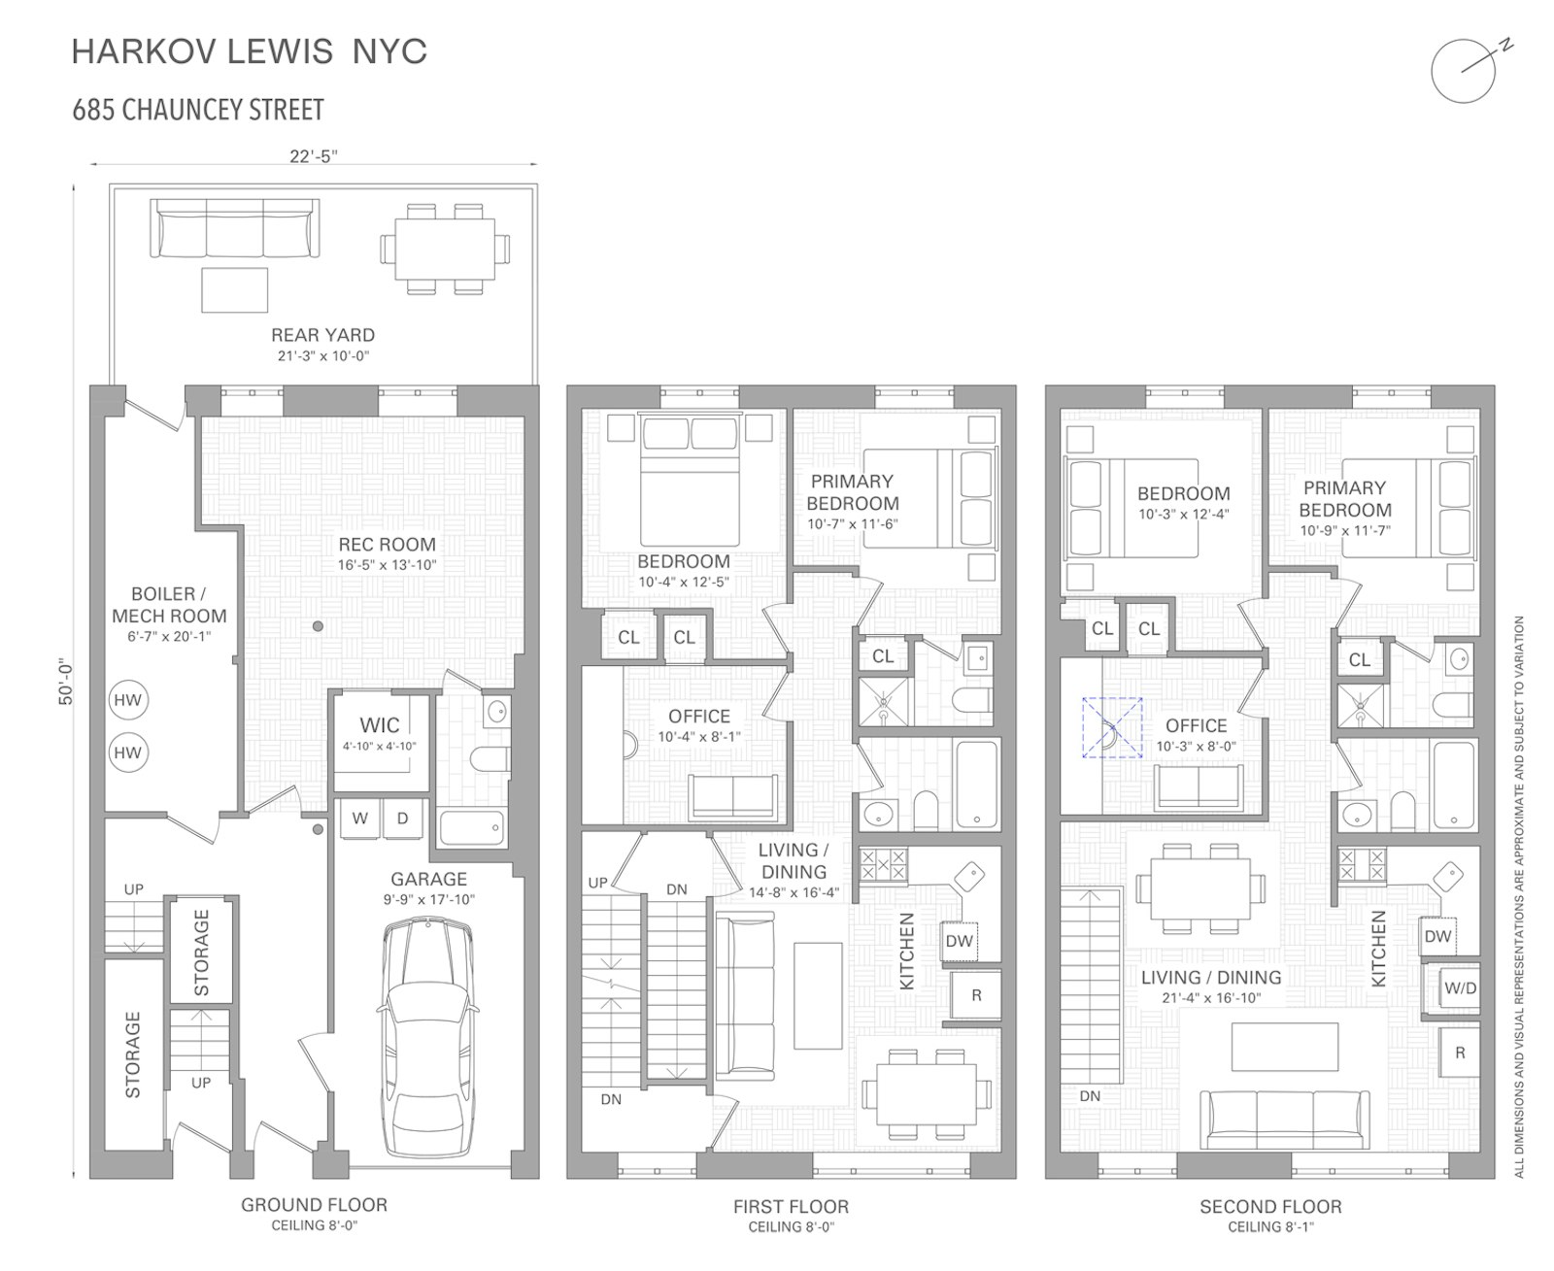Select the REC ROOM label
click(387, 545)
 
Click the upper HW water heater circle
click(127, 700)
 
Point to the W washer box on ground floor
click(360, 819)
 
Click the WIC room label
click(379, 725)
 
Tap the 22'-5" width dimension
click(314, 155)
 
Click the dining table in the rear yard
click(444, 249)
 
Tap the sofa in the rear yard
click(234, 230)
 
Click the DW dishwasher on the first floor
click(959, 940)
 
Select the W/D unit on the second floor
click(1460, 988)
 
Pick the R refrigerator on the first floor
click(976, 995)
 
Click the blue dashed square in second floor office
click(1112, 727)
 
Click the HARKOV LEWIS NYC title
click(250, 51)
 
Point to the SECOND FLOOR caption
click(1269, 1206)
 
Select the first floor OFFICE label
click(698, 717)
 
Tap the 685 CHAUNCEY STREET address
click(198, 110)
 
